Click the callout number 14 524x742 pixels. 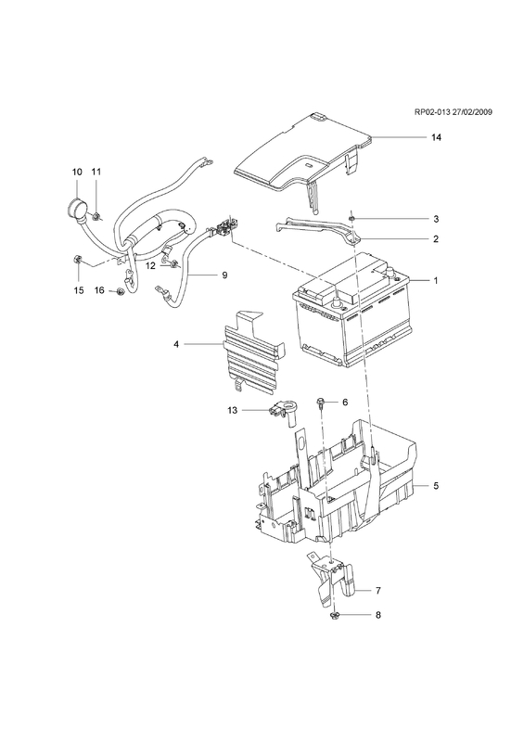pos(436,137)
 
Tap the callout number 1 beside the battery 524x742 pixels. pos(436,281)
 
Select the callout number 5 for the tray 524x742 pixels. pos(436,485)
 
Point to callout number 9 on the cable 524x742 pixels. pos(224,275)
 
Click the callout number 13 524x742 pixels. pos(233,410)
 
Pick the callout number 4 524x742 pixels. pos(176,344)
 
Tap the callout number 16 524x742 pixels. pos(99,290)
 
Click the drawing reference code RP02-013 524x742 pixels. pos(431,125)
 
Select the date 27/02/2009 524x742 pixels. pos(472,125)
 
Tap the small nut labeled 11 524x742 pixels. pos(96,217)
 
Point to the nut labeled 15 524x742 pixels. pos(78,259)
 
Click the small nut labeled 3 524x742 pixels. pos(351,218)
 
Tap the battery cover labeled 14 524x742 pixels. pos(303,157)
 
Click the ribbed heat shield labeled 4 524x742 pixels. pos(253,351)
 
